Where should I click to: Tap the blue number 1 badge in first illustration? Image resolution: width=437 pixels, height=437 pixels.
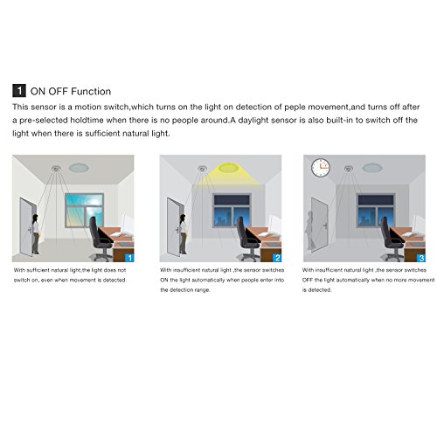point(129,258)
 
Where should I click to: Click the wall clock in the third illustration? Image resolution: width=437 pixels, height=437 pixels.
point(320,165)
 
